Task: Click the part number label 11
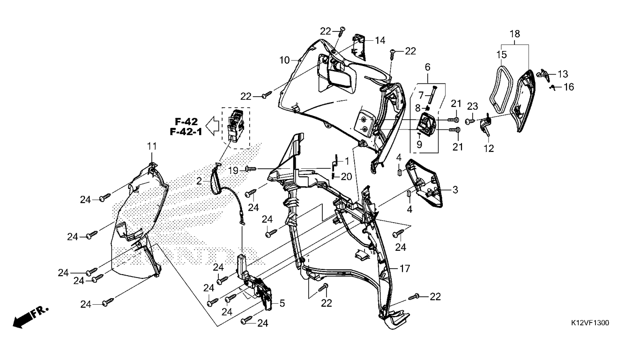click(x=152, y=146)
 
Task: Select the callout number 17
click(x=405, y=269)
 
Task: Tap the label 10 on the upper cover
click(x=285, y=60)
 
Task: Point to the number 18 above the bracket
click(x=514, y=34)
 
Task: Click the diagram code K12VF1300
click(x=590, y=323)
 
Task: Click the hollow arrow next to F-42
click(x=213, y=126)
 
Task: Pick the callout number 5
click(x=282, y=303)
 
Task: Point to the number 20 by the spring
click(x=346, y=176)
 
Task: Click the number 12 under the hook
click(x=489, y=148)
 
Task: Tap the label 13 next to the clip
click(x=562, y=74)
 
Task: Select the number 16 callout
click(x=568, y=87)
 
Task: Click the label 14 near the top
click(x=380, y=40)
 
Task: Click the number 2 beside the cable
click(x=199, y=181)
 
